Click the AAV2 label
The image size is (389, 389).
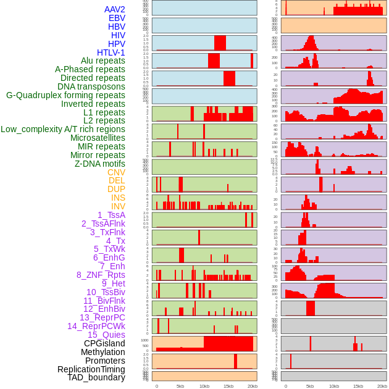[114, 9]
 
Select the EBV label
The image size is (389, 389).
[117, 18]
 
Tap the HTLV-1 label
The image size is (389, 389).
[111, 52]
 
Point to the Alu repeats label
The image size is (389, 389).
[102, 61]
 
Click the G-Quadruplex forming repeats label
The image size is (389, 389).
[65, 95]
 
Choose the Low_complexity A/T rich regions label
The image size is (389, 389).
[63, 129]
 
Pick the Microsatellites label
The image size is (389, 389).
[98, 138]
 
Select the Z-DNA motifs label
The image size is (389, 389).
[100, 164]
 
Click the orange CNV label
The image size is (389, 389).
[116, 172]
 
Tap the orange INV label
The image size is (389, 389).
[118, 206]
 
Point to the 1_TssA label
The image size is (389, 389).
[111, 215]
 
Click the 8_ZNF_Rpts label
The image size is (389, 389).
[101, 275]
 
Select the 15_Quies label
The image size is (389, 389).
[106, 335]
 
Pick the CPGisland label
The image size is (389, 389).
[104, 343]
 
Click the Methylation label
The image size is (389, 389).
[102, 352]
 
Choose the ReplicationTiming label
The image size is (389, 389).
[91, 369]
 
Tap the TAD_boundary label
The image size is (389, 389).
[96, 377]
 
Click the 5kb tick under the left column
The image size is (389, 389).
[180, 386]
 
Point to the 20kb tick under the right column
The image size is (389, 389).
[382, 386]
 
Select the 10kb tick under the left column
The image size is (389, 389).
[204, 386]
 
